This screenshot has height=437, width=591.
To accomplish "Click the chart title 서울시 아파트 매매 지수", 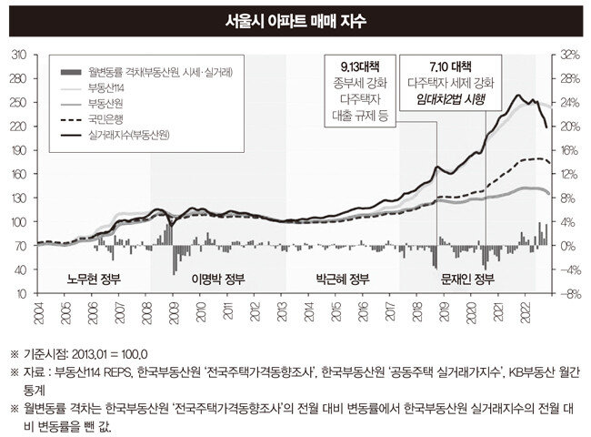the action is coord(295,21).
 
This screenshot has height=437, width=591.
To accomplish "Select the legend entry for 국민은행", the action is coord(105,119).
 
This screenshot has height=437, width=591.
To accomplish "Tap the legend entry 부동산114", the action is coord(105,88).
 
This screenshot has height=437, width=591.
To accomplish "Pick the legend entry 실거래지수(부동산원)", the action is coord(128,135).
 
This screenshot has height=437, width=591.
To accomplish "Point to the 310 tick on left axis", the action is coord(19,56).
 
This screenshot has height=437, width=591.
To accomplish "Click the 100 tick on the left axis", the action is coord(19,222).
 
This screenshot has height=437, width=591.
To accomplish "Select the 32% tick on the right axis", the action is coord(569,56).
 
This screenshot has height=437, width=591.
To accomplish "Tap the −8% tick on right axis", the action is coord(569,294).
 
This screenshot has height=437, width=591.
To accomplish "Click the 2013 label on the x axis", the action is coord(282,311).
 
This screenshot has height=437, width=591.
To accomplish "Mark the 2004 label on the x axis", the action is coord(38,313).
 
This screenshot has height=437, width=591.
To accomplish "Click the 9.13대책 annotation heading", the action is coord(360,67).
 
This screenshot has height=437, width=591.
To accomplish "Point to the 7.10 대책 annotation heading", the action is coord(450,67).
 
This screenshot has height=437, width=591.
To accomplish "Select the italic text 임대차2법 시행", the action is coord(450,99).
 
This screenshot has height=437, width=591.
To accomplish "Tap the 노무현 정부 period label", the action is coord(94,279).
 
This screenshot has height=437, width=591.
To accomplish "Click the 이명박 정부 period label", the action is coord(218,279).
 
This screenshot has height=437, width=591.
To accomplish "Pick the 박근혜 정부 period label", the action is coord(343,279).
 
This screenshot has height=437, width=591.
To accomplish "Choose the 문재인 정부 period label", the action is coord(467,279).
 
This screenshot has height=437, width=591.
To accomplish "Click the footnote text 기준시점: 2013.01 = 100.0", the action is coord(85,355).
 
